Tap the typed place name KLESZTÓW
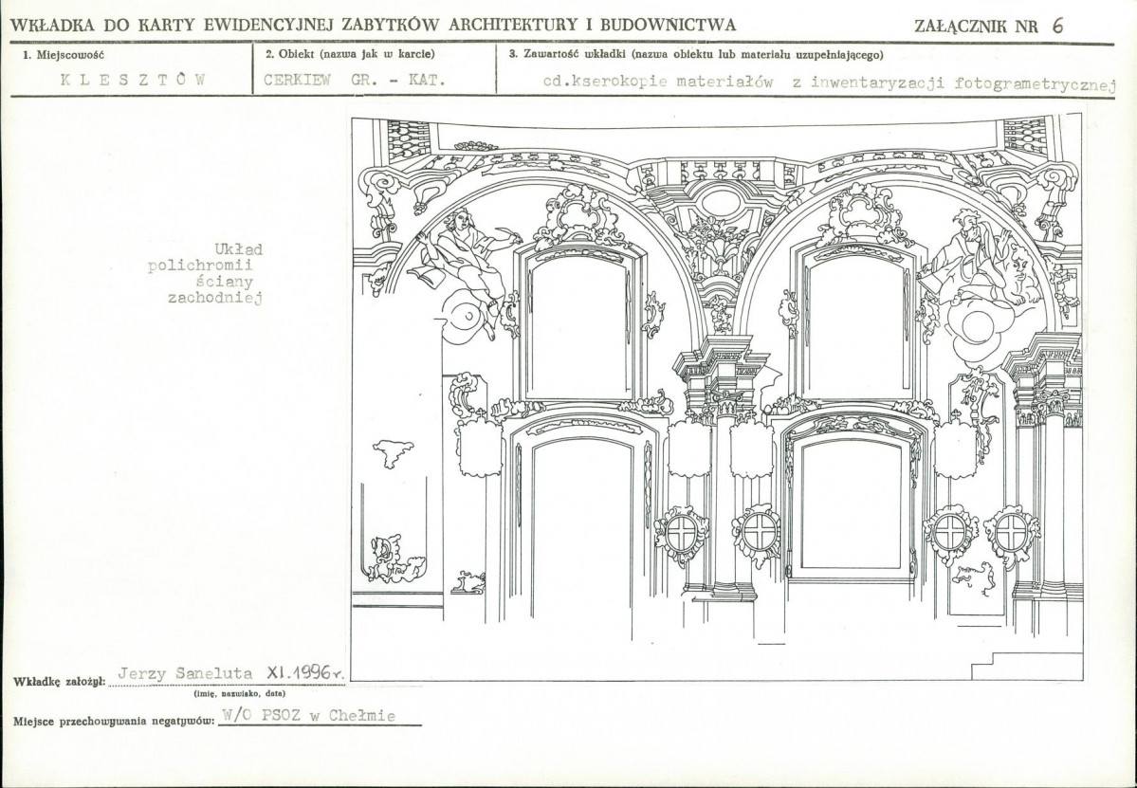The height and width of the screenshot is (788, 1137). click(133, 80)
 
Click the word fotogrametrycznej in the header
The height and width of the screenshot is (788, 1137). click(1035, 82)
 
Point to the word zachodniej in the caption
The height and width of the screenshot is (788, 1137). click(214, 297)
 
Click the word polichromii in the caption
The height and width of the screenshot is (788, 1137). click(200, 266)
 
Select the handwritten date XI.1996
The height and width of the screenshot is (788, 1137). click(303, 672)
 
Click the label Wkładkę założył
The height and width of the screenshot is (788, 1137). click(60, 682)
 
